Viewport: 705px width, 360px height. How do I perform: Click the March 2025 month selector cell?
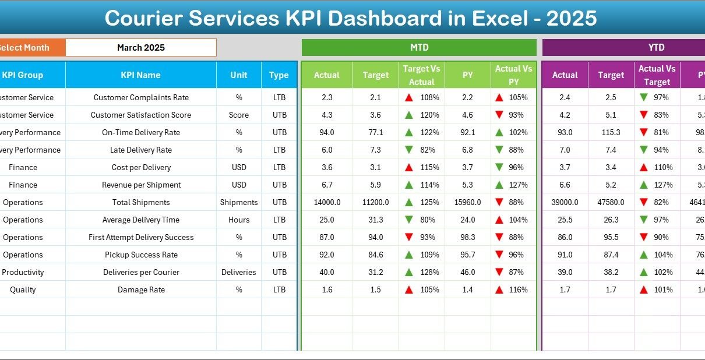click(141, 48)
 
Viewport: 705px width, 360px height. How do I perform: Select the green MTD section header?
click(419, 48)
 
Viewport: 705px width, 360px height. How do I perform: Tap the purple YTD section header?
click(656, 48)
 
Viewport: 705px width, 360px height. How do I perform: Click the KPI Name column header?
click(140, 75)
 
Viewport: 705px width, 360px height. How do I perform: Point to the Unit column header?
click(239, 75)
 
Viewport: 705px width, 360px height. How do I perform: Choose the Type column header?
click(279, 75)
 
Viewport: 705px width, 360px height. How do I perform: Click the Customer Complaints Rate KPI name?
click(141, 98)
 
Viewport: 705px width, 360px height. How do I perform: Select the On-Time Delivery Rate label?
click(141, 133)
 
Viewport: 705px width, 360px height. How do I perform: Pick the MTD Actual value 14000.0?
click(327, 203)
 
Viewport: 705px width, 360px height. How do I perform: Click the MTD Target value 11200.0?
click(376, 203)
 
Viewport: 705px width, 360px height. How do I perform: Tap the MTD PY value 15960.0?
click(467, 203)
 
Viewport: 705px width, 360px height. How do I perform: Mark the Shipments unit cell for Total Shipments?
click(239, 203)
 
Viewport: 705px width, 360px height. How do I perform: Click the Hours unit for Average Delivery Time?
click(239, 220)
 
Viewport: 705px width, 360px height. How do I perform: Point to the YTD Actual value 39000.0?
click(565, 203)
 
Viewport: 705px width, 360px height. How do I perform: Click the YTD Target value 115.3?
click(611, 133)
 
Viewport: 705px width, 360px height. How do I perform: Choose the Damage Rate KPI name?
click(141, 290)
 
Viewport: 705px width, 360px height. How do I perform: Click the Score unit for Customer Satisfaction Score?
click(239, 115)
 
